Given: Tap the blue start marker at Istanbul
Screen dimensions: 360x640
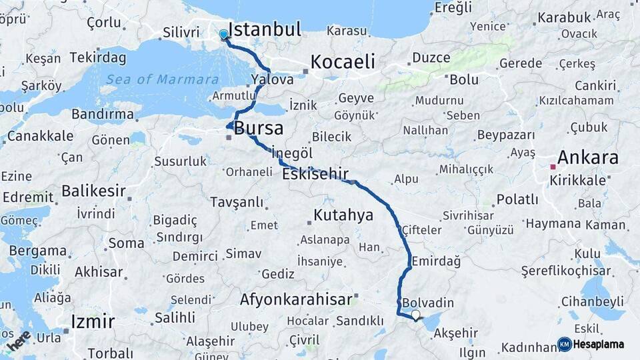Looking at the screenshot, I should click(x=223, y=34).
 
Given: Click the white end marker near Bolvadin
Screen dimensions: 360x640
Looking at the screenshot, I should click(x=416, y=315).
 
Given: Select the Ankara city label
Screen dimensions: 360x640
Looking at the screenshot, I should click(x=587, y=158).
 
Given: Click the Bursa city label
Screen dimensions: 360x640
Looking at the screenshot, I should click(x=259, y=128).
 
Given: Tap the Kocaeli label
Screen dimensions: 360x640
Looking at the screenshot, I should click(x=343, y=62).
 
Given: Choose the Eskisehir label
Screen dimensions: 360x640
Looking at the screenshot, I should click(x=315, y=175).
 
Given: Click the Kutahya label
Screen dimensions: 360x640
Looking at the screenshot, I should click(x=343, y=215).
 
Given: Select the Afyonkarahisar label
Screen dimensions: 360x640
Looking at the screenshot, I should click(x=295, y=299).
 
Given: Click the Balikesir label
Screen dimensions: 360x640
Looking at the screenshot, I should click(x=93, y=191).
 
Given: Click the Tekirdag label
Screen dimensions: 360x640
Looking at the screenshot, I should click(x=97, y=57).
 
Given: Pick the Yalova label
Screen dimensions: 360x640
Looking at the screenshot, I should click(x=273, y=79).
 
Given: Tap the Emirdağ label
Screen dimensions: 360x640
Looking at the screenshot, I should click(x=436, y=261).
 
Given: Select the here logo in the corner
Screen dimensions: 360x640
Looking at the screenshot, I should click(x=19, y=340).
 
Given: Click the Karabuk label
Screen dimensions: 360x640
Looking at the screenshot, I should click(x=565, y=18).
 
